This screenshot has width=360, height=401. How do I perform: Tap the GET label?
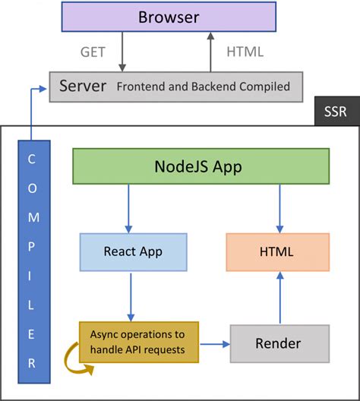[x=93, y=52]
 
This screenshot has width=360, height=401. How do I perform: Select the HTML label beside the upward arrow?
[x=245, y=52]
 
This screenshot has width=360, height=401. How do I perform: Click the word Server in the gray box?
[x=84, y=86]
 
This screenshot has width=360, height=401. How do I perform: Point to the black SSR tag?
[x=336, y=111]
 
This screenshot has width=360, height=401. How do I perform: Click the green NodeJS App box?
[x=201, y=166]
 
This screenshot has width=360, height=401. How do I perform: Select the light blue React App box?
[x=133, y=251]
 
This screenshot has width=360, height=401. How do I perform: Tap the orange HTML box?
[x=277, y=251]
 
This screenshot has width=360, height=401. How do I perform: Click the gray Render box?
[x=279, y=343]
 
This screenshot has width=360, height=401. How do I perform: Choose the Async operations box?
[x=138, y=343]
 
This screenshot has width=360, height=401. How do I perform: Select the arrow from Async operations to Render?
[x=214, y=344]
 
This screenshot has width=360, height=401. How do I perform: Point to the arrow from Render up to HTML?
[x=279, y=298]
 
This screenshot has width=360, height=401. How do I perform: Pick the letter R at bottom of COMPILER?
[x=32, y=362]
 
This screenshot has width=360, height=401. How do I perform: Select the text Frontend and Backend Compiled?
[x=203, y=87]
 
